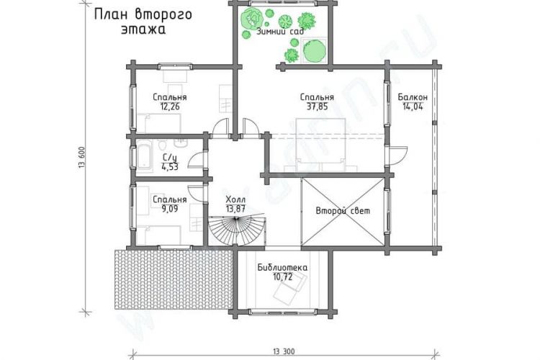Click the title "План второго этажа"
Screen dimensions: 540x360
(x=143, y=22)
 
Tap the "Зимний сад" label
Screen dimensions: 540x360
(x=280, y=32)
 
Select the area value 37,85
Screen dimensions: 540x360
(x=317, y=107)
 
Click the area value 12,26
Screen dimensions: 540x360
(x=170, y=107)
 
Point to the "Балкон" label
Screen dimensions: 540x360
(x=413, y=97)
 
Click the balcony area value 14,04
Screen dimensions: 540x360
(x=413, y=107)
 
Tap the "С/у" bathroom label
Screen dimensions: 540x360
(x=169, y=158)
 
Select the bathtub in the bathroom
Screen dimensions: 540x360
(x=144, y=158)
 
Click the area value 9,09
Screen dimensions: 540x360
(x=170, y=208)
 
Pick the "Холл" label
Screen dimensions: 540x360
(x=235, y=199)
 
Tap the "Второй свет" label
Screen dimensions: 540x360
(x=343, y=210)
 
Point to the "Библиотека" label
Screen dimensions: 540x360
(x=282, y=268)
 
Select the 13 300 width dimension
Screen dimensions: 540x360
(x=284, y=351)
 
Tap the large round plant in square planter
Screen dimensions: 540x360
(x=314, y=50)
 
